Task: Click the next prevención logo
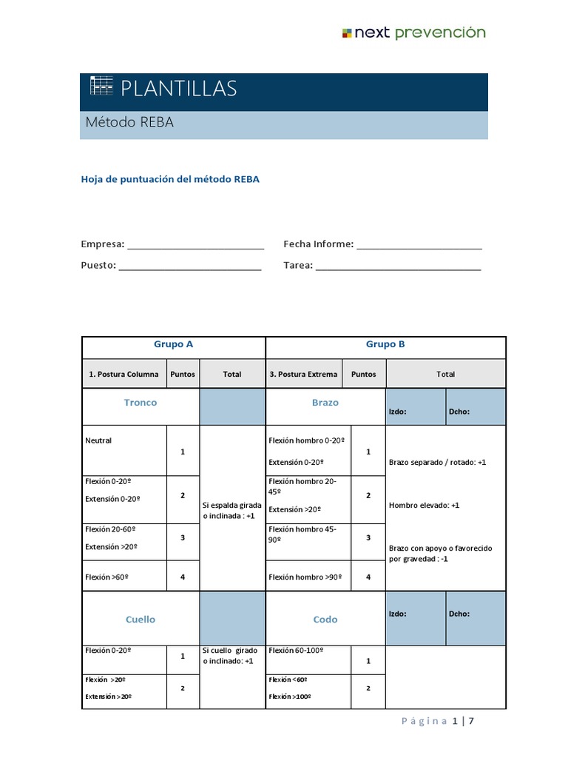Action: pyautogui.click(x=413, y=33)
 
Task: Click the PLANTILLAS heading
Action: pyautogui.click(x=178, y=89)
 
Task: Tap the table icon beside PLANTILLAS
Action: pyautogui.click(x=101, y=86)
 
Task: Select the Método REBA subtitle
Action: pyautogui.click(x=129, y=123)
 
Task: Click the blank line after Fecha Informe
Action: pyautogui.click(x=419, y=245)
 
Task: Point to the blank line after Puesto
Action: pyautogui.click(x=190, y=266)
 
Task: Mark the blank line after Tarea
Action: pyautogui.click(x=399, y=266)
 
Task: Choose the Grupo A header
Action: pyautogui.click(x=174, y=344)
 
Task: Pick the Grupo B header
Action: pyautogui.click(x=385, y=344)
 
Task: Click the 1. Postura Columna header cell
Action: pyautogui.click(x=124, y=374)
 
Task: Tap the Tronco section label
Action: pyautogui.click(x=141, y=403)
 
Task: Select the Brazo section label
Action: pyautogui.click(x=325, y=403)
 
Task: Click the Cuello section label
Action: pyautogui.click(x=141, y=620)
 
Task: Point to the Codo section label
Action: pyautogui.click(x=325, y=620)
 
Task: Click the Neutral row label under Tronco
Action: pyautogui.click(x=99, y=440)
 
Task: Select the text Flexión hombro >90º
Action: pyautogui.click(x=305, y=577)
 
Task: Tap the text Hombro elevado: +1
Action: pyautogui.click(x=425, y=506)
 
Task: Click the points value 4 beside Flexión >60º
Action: pyautogui.click(x=183, y=576)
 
